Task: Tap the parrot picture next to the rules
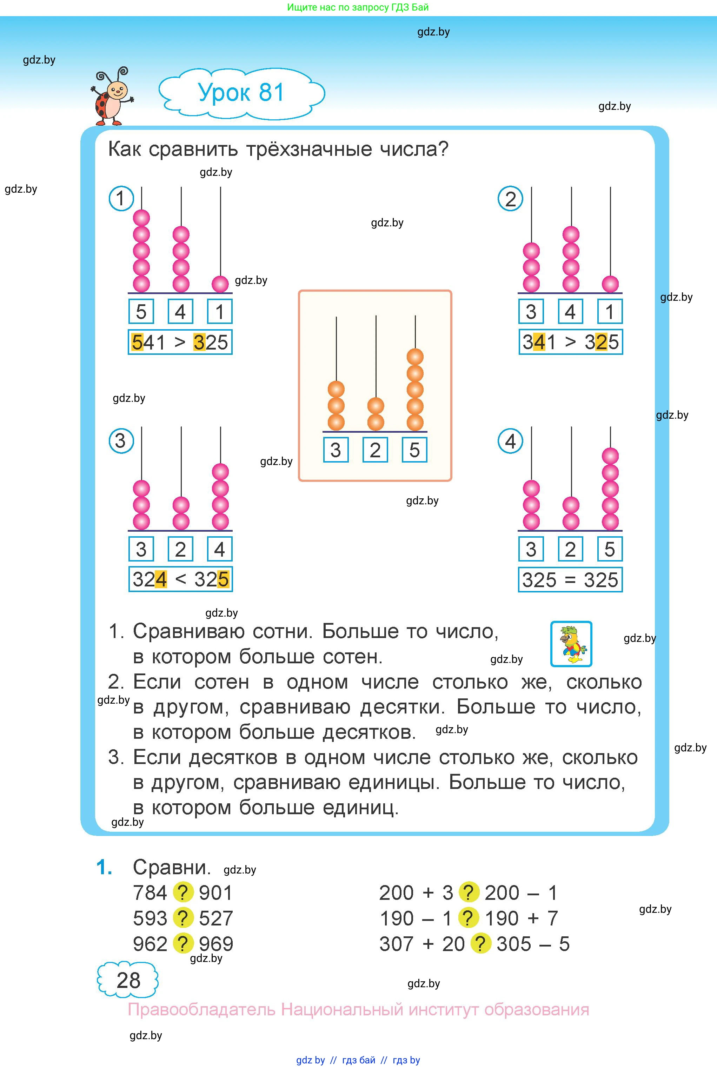coord(571,644)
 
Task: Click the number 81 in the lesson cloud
coord(272,92)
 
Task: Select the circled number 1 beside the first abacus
coord(121,198)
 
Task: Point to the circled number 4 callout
coord(510,441)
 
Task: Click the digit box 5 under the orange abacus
coord(414,450)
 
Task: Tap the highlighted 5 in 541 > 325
coord(137,342)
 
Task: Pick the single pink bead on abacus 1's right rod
coord(220,284)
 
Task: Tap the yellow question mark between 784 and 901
coord(183,892)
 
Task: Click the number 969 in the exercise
coord(216,943)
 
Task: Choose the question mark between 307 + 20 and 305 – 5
coord(480,943)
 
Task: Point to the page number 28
coord(128,980)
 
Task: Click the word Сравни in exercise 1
coord(172,867)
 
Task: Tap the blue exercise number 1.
coord(104,867)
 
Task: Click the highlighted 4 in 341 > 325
coord(540,342)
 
